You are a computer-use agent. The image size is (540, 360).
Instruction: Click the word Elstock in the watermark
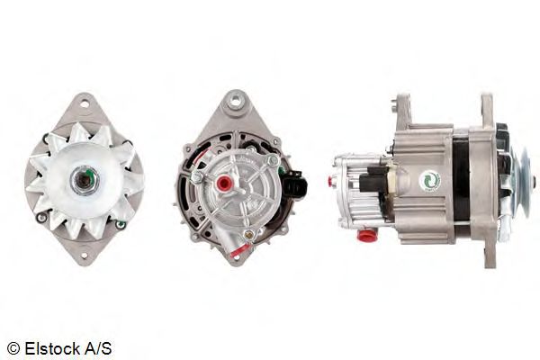point(52,348)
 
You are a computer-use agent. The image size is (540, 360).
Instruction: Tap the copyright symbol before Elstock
point(13,348)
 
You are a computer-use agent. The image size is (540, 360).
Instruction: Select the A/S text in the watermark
point(98,348)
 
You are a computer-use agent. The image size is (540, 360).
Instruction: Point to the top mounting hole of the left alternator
point(85,103)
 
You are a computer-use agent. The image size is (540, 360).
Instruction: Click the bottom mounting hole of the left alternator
point(85,256)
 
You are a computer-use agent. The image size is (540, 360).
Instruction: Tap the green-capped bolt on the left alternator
point(121,225)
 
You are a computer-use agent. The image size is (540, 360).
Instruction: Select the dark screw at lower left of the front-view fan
point(41,218)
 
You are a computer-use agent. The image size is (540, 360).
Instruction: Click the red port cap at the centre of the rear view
point(225,183)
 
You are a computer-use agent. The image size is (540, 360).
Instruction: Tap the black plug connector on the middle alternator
point(295,183)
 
